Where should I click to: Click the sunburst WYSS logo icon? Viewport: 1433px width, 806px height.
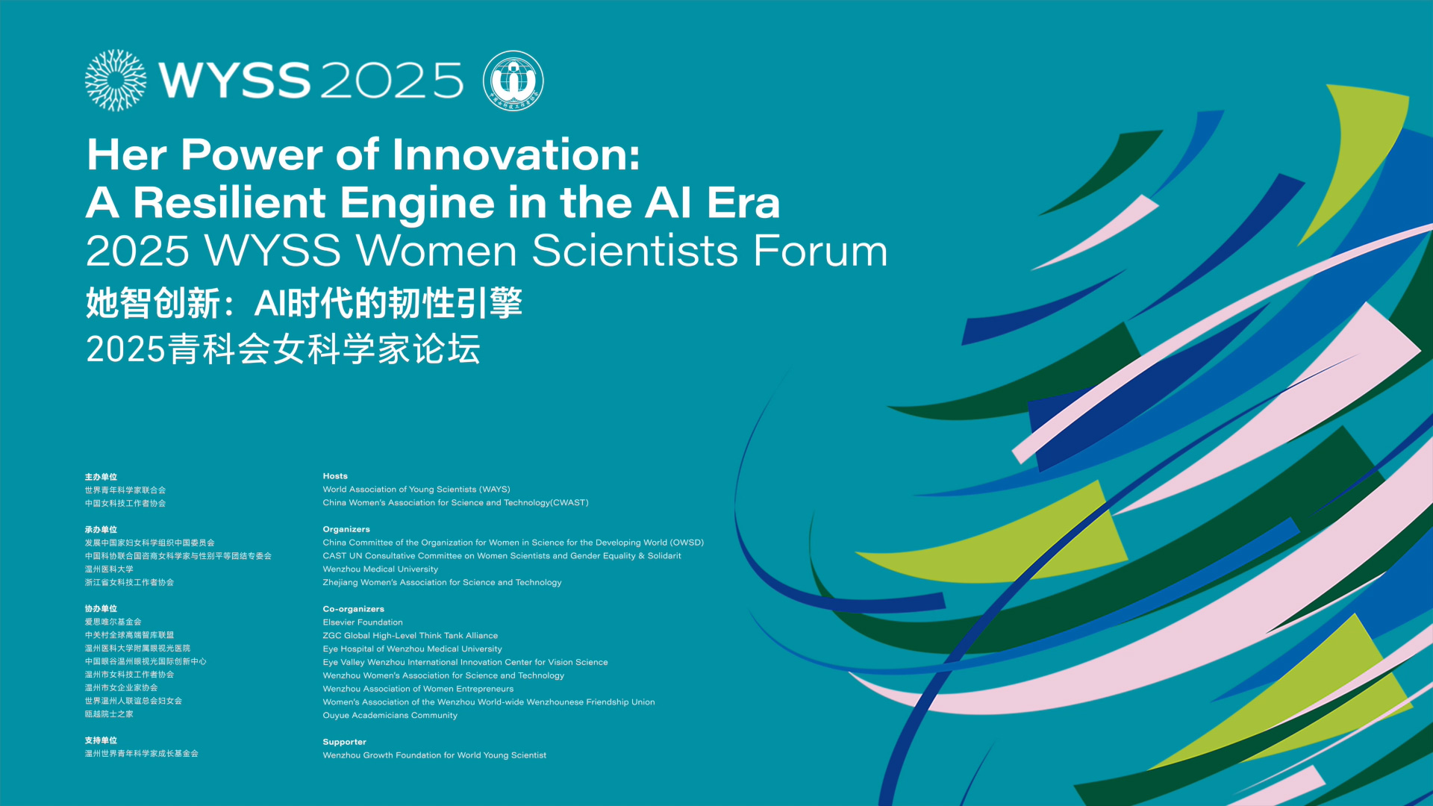click(x=116, y=81)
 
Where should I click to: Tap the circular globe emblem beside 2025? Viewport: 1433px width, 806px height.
click(x=513, y=81)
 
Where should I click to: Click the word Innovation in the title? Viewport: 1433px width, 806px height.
click(x=516, y=154)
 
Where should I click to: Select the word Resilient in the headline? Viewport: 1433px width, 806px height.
click(x=230, y=202)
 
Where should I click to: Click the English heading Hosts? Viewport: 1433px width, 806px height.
click(x=335, y=476)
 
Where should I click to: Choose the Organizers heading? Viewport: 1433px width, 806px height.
click(x=346, y=529)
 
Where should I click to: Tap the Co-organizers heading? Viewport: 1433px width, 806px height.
click(x=354, y=609)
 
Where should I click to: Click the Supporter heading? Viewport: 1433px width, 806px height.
click(x=345, y=742)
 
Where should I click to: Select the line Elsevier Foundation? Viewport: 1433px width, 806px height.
click(x=363, y=622)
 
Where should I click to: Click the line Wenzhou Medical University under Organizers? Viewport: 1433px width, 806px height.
click(x=381, y=569)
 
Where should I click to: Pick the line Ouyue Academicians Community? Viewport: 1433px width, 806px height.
click(x=390, y=716)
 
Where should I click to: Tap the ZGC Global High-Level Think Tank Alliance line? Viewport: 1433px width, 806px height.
click(x=410, y=636)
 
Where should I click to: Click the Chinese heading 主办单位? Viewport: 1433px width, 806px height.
click(x=101, y=477)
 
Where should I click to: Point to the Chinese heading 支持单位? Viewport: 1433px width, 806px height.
click(x=101, y=740)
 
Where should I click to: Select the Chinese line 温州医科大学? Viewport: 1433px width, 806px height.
click(x=109, y=569)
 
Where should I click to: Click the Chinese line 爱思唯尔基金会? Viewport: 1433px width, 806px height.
click(x=113, y=622)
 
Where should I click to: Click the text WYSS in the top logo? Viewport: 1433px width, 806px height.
click(x=234, y=81)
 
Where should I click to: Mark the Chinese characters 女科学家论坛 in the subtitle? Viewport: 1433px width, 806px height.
click(x=376, y=349)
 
